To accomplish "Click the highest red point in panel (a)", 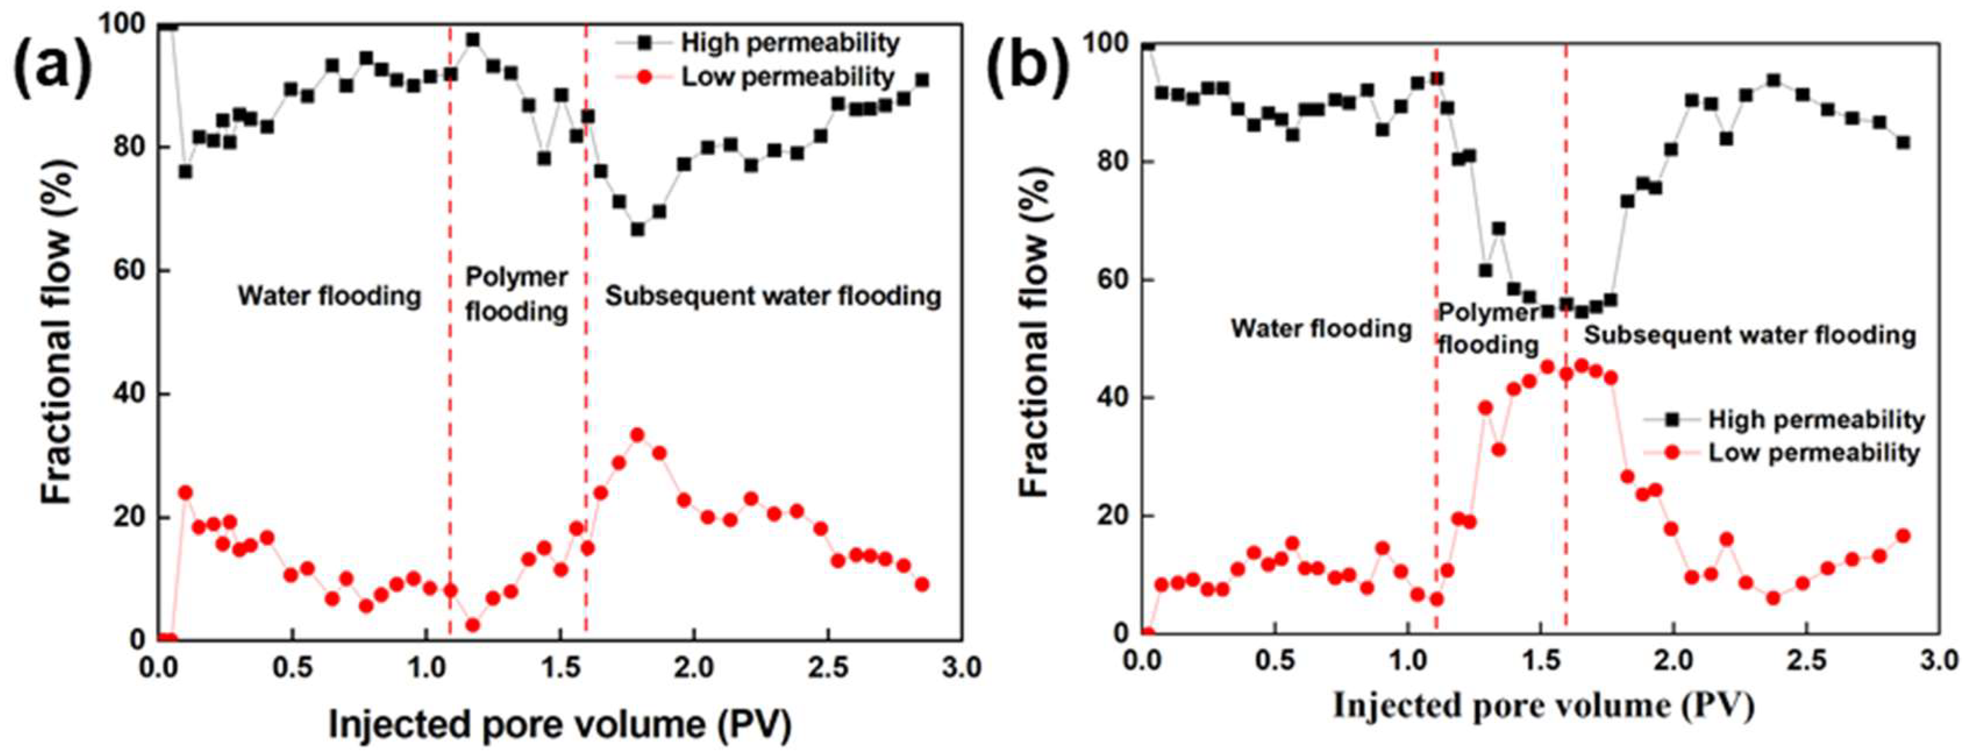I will [637, 435].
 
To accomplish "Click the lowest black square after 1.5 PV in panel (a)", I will [637, 229].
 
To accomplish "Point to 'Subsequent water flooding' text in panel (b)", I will [1749, 335].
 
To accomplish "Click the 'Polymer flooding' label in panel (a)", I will [517, 294].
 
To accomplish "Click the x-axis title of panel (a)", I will [559, 724].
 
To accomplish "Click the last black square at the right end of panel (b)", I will [1903, 143].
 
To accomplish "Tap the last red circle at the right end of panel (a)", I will [922, 584].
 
